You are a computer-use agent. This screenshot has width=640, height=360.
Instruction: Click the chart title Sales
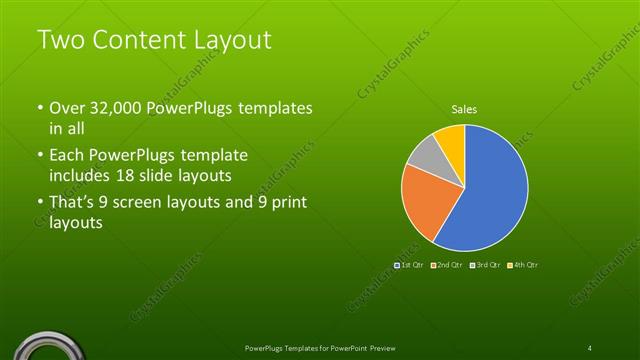point(463,109)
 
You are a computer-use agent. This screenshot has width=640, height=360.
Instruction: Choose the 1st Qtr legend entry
point(411,264)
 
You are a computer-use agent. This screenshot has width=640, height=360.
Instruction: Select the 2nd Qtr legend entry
point(449,264)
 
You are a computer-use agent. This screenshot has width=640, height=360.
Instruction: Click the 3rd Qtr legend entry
point(487,264)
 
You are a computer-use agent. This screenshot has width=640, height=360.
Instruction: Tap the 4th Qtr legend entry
point(524,264)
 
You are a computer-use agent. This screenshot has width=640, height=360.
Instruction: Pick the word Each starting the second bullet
point(68,156)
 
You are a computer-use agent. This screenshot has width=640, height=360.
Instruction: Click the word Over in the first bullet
point(68,108)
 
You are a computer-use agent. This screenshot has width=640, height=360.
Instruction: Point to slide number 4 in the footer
point(590,347)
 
